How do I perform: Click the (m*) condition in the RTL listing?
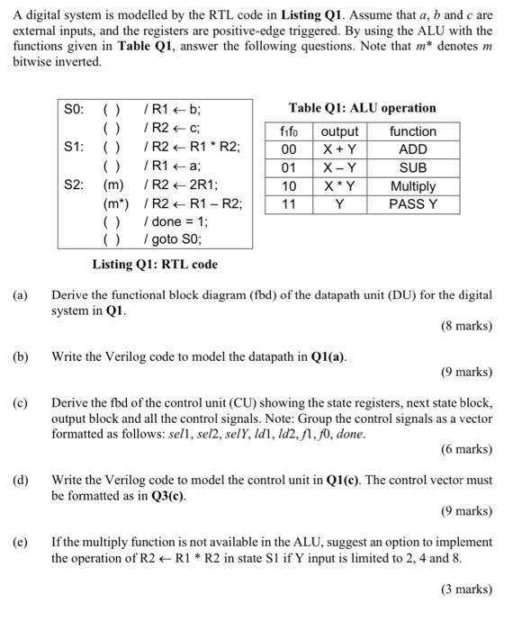click(116, 203)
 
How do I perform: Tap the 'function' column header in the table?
click(413, 131)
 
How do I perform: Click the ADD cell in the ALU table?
click(413, 149)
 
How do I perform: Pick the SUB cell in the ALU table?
click(413, 168)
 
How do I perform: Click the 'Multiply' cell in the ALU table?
click(413, 186)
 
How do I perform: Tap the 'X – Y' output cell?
click(339, 168)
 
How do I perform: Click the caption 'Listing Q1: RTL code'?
click(155, 265)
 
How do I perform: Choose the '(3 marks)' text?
click(466, 589)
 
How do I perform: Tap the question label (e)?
click(20, 543)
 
